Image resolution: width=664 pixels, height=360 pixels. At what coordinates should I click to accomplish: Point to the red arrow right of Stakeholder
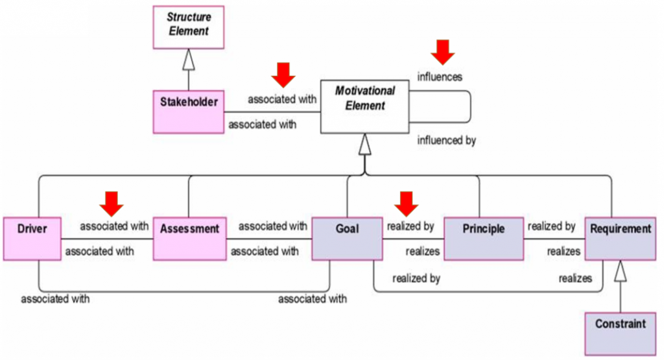coord(283,75)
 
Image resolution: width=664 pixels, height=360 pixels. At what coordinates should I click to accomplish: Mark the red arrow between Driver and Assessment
coord(111,202)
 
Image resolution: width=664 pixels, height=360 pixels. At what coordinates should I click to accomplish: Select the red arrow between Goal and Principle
coord(407,203)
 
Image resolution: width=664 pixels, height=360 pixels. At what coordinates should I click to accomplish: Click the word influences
coord(440,77)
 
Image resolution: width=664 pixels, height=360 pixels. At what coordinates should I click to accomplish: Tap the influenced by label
coord(447,140)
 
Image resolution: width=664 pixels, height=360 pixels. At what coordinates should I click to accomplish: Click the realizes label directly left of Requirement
coord(563,251)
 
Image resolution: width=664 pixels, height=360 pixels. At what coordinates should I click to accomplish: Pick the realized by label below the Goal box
coord(416,279)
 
